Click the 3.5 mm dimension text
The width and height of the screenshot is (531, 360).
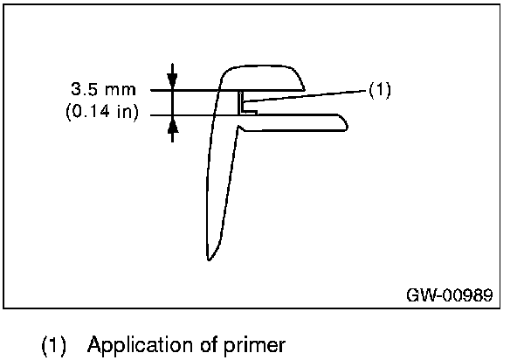pyautogui.click(x=103, y=90)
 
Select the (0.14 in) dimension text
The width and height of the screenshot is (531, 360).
pyautogui.click(x=102, y=113)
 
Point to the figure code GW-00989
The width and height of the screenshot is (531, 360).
pyautogui.click(x=449, y=294)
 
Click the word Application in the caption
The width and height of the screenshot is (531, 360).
pyautogui.click(x=134, y=344)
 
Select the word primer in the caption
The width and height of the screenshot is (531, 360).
pyautogui.click(x=256, y=344)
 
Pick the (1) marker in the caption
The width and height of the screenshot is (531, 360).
pyautogui.click(x=55, y=344)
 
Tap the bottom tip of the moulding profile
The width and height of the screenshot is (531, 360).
pyautogui.click(x=209, y=259)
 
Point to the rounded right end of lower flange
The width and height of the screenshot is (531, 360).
pyautogui.click(x=347, y=123)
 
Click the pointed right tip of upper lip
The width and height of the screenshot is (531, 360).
pyautogui.click(x=303, y=88)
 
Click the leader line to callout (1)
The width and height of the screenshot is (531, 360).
pyautogui.click(x=306, y=95)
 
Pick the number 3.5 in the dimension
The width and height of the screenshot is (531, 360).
pyautogui.click(x=85, y=90)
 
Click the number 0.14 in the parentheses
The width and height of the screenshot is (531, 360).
pyautogui.click(x=94, y=113)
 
